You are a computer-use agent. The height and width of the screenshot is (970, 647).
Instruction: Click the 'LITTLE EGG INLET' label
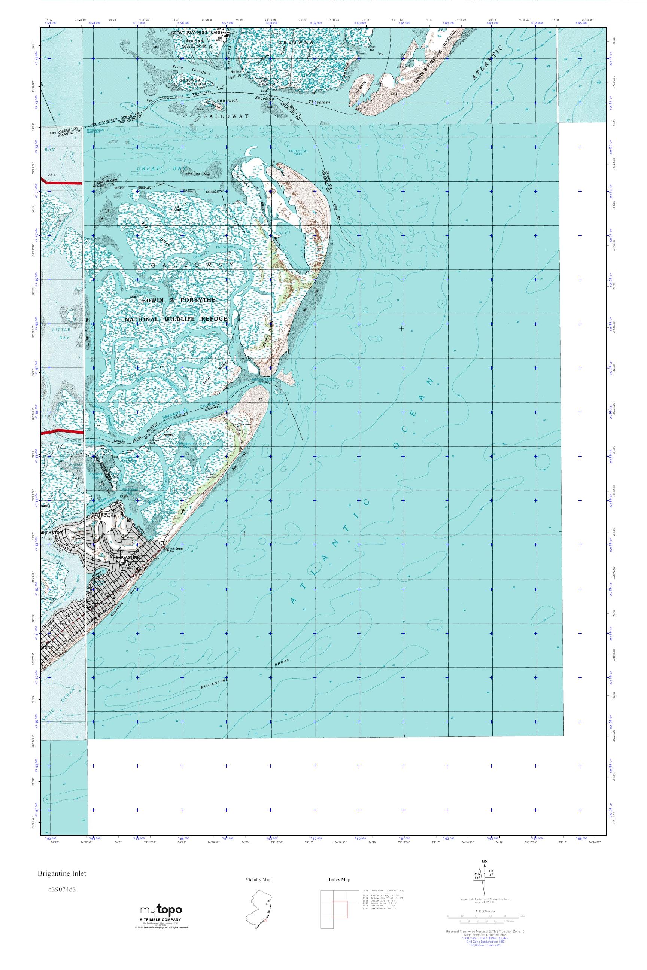[x=295, y=152]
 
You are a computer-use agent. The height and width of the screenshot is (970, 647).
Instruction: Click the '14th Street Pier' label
[x=177, y=550]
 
